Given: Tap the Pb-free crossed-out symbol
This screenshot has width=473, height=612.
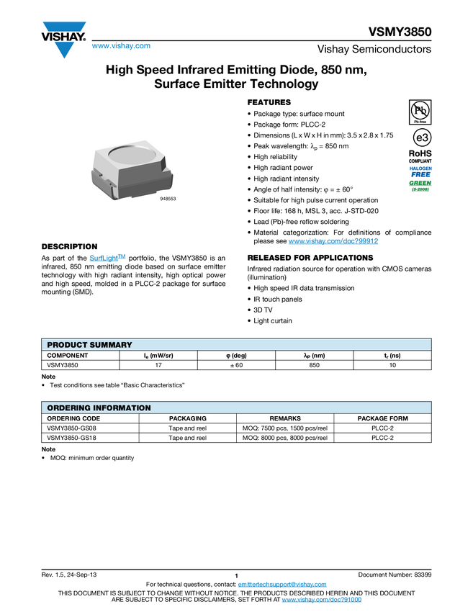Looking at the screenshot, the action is coord(420,110).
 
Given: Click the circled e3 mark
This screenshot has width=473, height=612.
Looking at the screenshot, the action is coord(420,138).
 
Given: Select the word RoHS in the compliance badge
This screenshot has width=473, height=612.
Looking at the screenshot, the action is coord(420,153).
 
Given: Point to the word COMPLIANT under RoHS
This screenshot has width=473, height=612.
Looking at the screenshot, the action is coord(420,161).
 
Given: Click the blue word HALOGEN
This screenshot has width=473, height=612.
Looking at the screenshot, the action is coord(420,168).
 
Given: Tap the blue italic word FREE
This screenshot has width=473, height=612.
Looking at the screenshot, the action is coord(420,174).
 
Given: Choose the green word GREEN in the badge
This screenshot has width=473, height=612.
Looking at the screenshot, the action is coord(420,183).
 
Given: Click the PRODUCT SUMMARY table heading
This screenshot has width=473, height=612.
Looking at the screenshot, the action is coord(89,345).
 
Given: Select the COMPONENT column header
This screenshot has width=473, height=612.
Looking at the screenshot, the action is coord(68,356).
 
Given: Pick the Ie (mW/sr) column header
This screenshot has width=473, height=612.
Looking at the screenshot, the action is coord(158,356).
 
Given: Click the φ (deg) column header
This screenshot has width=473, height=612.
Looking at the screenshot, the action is coord(236,356).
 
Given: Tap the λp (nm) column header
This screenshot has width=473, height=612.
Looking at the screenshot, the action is coord(315,356).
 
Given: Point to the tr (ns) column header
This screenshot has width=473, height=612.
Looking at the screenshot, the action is coord(392,356).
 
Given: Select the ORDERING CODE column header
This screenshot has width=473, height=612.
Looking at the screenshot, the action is coord(73,418).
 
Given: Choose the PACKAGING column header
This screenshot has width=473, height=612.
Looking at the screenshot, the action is coord(187,418).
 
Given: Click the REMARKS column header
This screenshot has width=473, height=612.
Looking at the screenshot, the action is coord(285,418).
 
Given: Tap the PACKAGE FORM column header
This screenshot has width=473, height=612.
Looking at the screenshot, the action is coord(382,418).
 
